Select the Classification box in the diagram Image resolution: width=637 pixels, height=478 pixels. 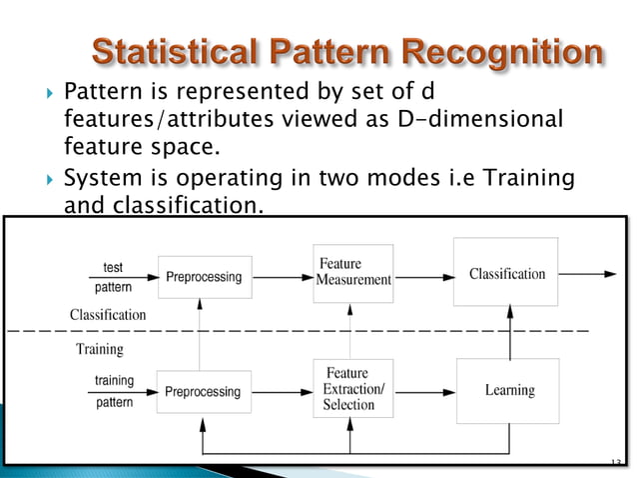pos(506,272)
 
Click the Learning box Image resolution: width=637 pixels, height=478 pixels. pos(509,389)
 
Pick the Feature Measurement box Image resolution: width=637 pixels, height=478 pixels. pos(352,271)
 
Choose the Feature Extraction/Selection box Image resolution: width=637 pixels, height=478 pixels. pos(352,389)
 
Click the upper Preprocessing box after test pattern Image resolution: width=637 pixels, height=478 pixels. pos(202,277)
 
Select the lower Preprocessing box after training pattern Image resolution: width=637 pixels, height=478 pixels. pos(202,391)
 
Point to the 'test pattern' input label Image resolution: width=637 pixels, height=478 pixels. pos(113,276)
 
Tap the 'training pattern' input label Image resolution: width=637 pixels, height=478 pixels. pos(116,391)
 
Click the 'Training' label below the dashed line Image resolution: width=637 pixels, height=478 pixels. pos(100,349)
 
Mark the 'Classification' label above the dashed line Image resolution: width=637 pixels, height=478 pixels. pos(107,314)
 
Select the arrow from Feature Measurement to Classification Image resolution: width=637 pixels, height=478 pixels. pos(422,273)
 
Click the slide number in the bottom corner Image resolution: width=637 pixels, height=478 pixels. pos(613,462)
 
